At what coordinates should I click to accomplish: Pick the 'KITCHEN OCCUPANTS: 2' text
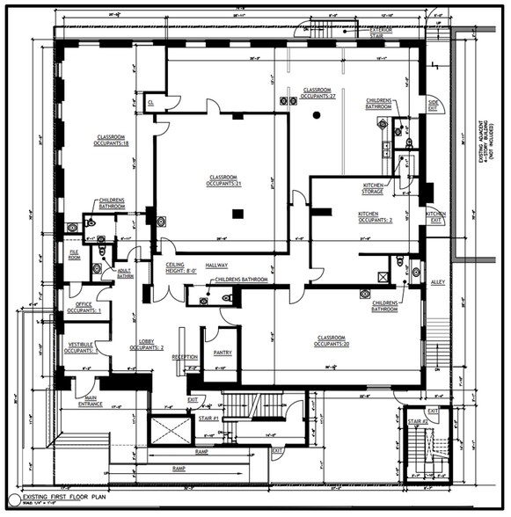[375, 218]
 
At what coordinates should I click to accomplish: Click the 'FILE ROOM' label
[75, 256]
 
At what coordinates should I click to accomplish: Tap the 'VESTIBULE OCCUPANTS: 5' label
[80, 348]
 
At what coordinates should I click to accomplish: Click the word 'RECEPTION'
[185, 357]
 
